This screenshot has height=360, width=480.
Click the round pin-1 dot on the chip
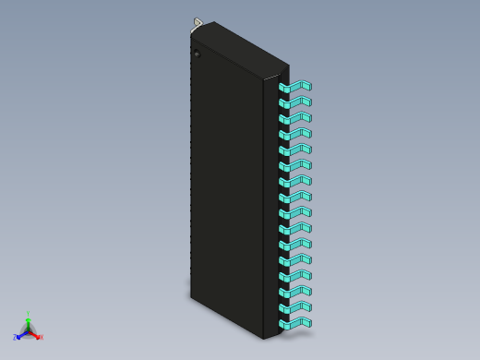click(x=197, y=54)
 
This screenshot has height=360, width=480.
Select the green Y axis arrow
click(x=29, y=320)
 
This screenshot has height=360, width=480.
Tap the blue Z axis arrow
click(x=21, y=335)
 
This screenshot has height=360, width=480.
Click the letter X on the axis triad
click(x=42, y=338)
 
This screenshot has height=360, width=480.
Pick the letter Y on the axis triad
click(x=29, y=313)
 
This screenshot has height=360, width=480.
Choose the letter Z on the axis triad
click(x=16, y=339)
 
